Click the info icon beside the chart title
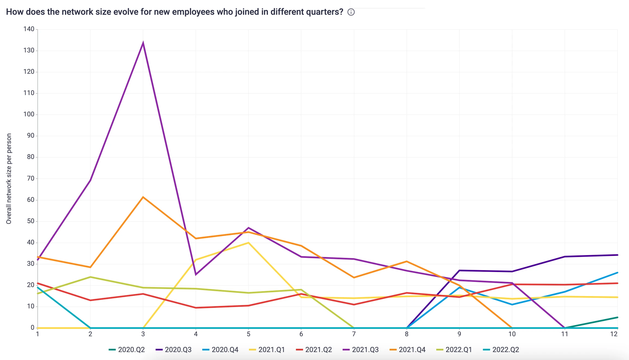click(x=351, y=12)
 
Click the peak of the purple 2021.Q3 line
click(x=143, y=43)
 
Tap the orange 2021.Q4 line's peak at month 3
click(x=143, y=197)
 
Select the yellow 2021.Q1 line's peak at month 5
click(x=248, y=243)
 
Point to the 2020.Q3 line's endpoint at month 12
click(x=617, y=255)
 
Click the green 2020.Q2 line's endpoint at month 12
click(x=617, y=317)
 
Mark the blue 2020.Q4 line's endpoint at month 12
click(x=617, y=273)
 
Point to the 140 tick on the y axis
click(x=29, y=29)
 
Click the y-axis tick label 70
click(x=31, y=178)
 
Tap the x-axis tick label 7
click(x=354, y=334)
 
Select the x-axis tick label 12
click(x=614, y=334)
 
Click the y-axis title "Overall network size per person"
click(x=9, y=179)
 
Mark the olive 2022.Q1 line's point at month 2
click(x=90, y=277)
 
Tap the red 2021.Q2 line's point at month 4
click(x=196, y=308)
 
